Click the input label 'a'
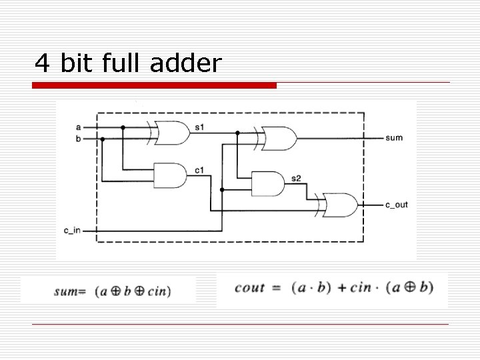(x=78, y=126)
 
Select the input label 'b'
(x=78, y=139)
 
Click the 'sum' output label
(x=393, y=138)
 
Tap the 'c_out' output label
(x=396, y=205)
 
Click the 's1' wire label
(x=199, y=126)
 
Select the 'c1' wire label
(x=199, y=170)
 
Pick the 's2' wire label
(x=296, y=178)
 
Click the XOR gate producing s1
(x=169, y=133)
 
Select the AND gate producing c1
(x=169, y=175)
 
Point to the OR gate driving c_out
(x=340, y=205)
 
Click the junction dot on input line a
(x=123, y=127)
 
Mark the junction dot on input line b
(x=103, y=139)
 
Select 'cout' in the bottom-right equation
(x=250, y=287)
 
